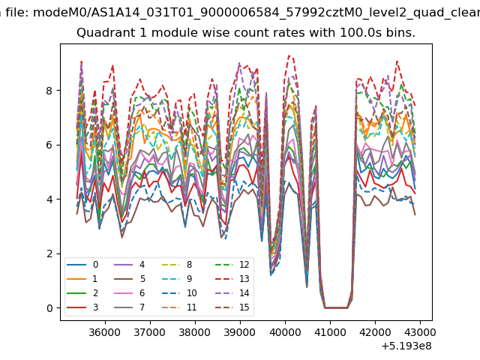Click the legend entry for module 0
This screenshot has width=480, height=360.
click(x=82, y=265)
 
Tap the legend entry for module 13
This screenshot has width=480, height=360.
click(x=232, y=279)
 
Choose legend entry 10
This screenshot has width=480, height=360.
click(x=179, y=293)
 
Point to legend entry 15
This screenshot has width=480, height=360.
click(x=232, y=307)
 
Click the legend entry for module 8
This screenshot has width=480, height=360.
click(x=177, y=265)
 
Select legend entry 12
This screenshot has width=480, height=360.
click(x=232, y=265)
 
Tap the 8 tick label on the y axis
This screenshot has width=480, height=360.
click(x=49, y=91)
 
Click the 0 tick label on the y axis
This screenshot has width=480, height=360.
click(x=49, y=308)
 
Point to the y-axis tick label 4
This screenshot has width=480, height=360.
click(x=49, y=199)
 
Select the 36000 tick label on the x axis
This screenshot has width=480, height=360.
click(x=105, y=332)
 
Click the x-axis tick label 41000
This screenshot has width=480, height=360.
click(x=330, y=332)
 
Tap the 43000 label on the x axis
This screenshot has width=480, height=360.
click(x=420, y=332)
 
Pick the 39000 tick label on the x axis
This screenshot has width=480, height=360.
click(x=240, y=332)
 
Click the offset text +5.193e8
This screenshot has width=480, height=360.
click(x=406, y=346)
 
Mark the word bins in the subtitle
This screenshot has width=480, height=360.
click(x=400, y=32)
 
